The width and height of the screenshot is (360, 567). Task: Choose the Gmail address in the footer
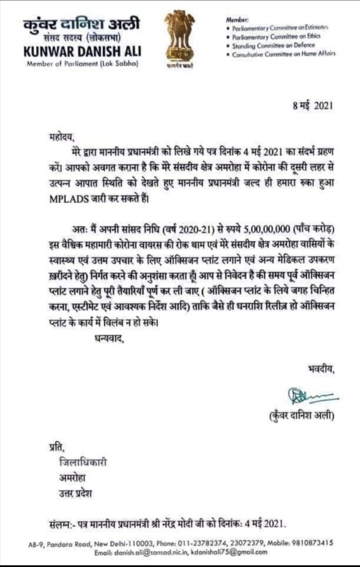[244, 552]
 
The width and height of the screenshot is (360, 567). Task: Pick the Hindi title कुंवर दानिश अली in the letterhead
[82, 24]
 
